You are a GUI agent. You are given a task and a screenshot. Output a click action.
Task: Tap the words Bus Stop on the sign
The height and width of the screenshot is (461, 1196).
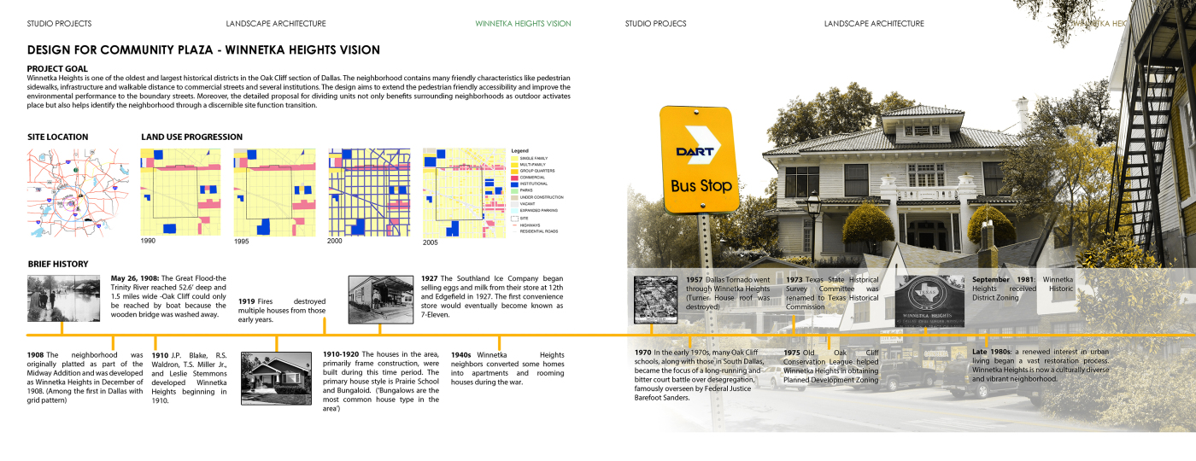coord(701,185)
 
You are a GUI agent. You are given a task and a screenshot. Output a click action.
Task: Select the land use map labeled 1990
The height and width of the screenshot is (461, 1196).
coord(180,192)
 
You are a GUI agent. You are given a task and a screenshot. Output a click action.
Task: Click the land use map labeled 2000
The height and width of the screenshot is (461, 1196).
coord(369,192)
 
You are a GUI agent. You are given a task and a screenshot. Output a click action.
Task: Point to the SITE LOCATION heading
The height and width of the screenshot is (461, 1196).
coord(57,137)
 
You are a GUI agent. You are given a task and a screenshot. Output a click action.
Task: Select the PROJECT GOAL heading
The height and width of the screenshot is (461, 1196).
coord(57,68)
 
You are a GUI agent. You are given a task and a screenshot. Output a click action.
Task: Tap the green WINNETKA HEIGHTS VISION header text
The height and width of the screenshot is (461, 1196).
coord(523,24)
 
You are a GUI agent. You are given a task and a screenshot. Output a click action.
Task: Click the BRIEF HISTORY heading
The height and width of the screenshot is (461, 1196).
coord(58,265)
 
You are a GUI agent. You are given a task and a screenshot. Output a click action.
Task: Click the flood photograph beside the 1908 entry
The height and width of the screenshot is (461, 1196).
coord(63,298)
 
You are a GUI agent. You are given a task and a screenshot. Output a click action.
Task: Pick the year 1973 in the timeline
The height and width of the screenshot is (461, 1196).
coord(794,279)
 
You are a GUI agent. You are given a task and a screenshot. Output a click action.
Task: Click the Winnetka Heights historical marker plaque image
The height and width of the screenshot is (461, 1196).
coord(930,301)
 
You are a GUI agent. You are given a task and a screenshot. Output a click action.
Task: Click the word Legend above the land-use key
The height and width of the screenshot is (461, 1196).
coord(520,150)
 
